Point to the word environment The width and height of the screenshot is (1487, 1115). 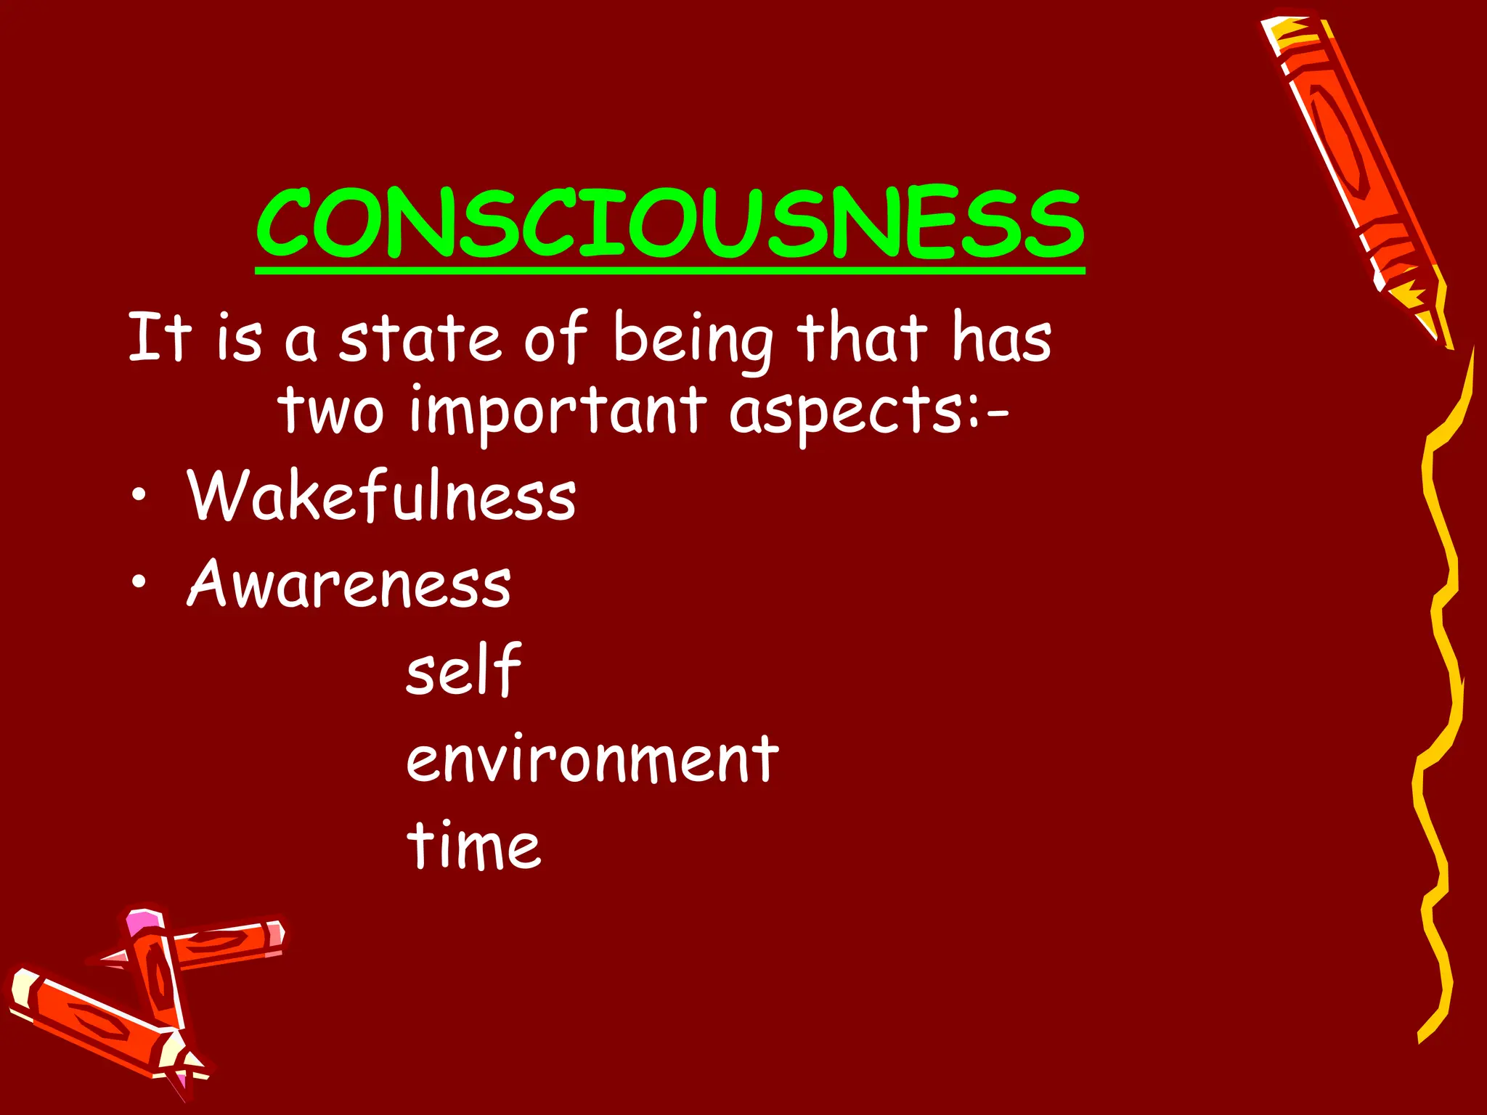tap(592, 759)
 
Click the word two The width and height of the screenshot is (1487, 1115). tap(331, 410)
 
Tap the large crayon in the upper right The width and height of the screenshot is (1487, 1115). tap(1355, 167)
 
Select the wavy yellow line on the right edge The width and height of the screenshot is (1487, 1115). tap(1441, 690)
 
